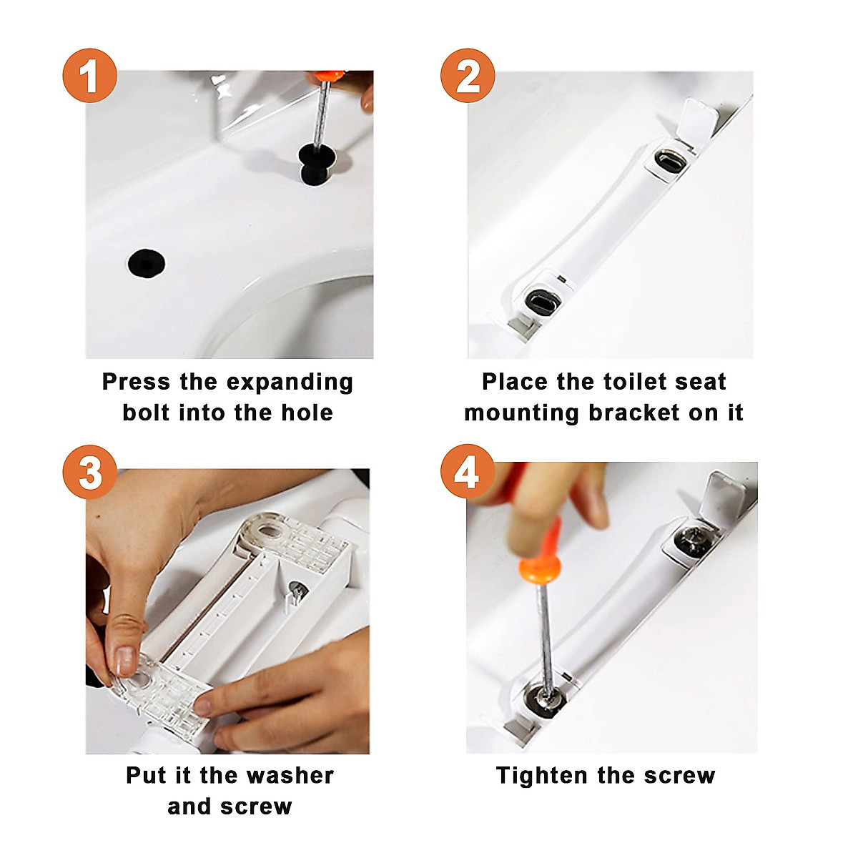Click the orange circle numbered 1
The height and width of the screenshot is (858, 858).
pyautogui.click(x=89, y=75)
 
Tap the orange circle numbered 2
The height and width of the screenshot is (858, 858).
pyautogui.click(x=468, y=75)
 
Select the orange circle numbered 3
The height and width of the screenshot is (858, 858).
pyautogui.click(x=89, y=472)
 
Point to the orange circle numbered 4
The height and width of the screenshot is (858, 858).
pyautogui.click(x=468, y=472)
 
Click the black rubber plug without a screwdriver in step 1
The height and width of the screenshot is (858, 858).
pyautogui.click(x=147, y=263)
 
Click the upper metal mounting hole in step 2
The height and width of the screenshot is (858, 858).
pyautogui.click(x=671, y=159)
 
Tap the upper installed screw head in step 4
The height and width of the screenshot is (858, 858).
pyautogui.click(x=692, y=541)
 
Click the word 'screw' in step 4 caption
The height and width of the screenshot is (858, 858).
pyautogui.click(x=681, y=775)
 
